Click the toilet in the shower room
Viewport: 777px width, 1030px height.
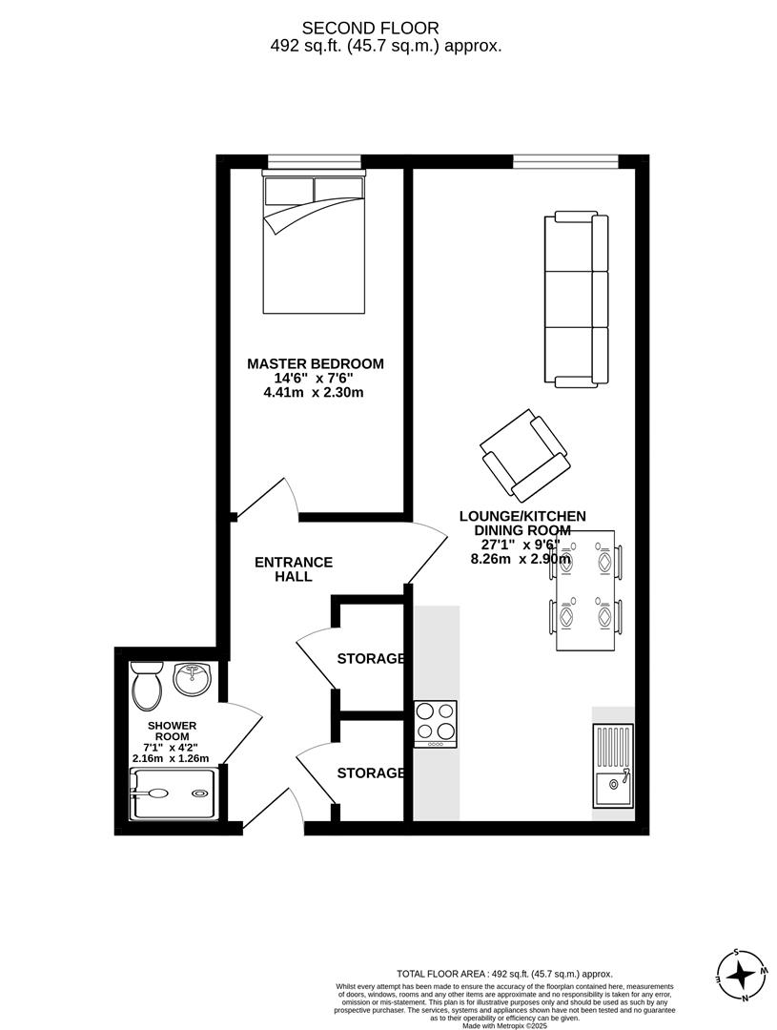[x=148, y=686]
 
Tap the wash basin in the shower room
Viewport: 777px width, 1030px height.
[x=194, y=679]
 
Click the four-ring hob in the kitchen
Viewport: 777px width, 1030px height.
[x=436, y=723]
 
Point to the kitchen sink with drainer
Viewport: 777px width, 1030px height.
[x=612, y=767]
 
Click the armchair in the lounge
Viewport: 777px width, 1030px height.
[x=525, y=455]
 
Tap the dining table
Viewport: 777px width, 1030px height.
[x=585, y=590]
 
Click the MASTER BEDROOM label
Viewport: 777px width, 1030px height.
[x=316, y=363]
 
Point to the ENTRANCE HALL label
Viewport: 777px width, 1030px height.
[x=294, y=569]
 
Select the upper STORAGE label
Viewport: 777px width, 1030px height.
[x=371, y=658]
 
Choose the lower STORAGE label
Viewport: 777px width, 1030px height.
[x=371, y=772]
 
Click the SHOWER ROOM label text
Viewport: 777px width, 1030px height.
[x=172, y=731]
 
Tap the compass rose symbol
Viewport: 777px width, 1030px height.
[x=741, y=975]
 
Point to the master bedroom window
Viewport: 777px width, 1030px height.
[x=314, y=161]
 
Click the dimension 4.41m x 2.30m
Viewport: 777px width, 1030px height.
[x=314, y=392]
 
